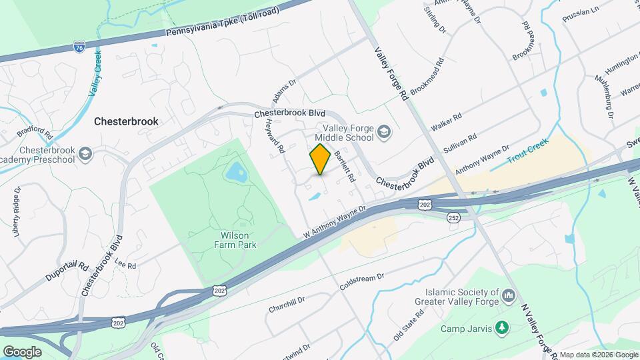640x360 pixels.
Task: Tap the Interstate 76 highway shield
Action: [79, 47]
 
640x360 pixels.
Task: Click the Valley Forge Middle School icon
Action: [384, 132]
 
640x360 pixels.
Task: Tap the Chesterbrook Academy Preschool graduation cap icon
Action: [85, 155]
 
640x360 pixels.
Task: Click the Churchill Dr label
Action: [287, 304]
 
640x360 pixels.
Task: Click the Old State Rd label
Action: [408, 325]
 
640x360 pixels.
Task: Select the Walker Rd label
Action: [446, 122]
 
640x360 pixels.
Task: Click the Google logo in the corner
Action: [22, 351]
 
